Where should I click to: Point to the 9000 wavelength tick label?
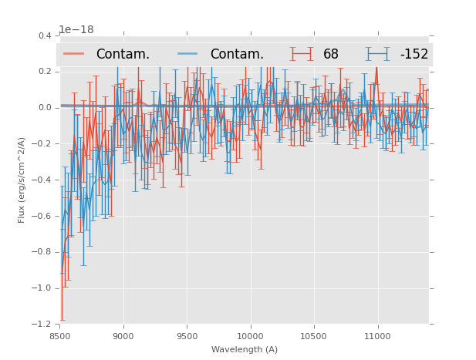point(123,336)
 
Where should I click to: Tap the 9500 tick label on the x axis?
point(187,336)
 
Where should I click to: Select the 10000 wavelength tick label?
point(250,336)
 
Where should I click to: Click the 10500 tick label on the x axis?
point(313,336)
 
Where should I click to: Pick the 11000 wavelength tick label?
point(377,336)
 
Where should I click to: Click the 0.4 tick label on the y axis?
point(45,35)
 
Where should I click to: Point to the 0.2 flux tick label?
point(45,72)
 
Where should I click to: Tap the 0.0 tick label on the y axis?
point(45,108)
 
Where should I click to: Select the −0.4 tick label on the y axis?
point(42,180)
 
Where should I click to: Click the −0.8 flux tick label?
point(42,252)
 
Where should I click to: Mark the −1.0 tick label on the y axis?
point(42,288)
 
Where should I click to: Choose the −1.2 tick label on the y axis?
point(42,325)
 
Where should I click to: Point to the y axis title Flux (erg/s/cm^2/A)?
point(22,180)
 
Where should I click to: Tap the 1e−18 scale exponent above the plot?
point(76,30)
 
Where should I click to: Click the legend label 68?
point(331,54)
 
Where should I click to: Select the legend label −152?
point(414,54)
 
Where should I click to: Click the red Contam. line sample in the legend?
point(75,54)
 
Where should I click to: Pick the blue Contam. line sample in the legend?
point(189,54)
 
